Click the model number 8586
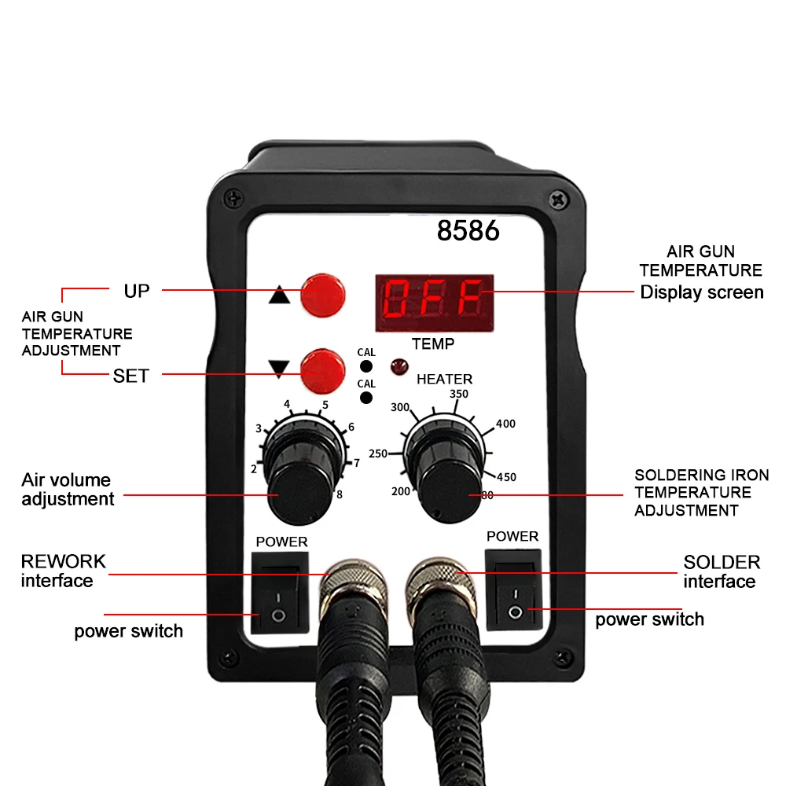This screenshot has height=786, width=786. pyautogui.click(x=468, y=231)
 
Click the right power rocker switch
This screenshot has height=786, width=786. pyautogui.click(x=513, y=590)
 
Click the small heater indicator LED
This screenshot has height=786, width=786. pyautogui.click(x=397, y=365)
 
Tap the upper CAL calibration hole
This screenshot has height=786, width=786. pyautogui.click(x=365, y=366)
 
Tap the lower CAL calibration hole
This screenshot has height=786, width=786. pyautogui.click(x=365, y=398)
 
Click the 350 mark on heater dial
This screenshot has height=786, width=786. pyautogui.click(x=459, y=394)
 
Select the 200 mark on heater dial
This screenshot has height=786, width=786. pyautogui.click(x=401, y=491)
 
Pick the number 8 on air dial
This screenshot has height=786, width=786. pyautogui.click(x=340, y=494)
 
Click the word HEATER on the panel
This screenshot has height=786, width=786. pyautogui.click(x=445, y=379)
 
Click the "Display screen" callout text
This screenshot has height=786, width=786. pyautogui.click(x=701, y=292)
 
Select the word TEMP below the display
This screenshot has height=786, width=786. pyautogui.click(x=433, y=343)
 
